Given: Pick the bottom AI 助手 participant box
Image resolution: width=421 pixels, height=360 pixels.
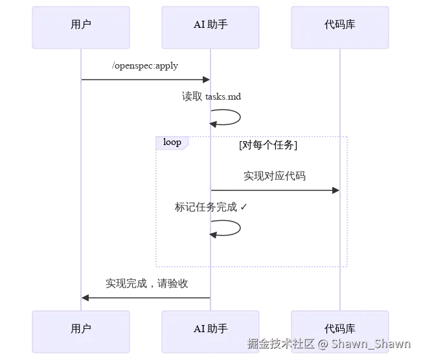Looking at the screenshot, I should point(210,329).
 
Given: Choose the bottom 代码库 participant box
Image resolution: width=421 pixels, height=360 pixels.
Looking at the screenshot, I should point(340,329).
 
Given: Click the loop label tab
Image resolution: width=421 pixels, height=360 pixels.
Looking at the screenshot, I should point(172,142).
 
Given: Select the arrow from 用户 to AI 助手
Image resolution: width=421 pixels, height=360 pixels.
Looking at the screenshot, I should point(145,80).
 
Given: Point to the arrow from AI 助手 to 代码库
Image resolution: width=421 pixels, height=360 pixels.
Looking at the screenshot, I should point(275,189).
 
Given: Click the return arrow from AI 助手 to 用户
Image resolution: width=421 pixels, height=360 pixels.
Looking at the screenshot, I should point(146,298).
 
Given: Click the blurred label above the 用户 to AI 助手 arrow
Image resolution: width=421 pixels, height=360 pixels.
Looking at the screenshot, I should point(145,65).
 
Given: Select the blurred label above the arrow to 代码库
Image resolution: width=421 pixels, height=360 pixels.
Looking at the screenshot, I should point(275,174).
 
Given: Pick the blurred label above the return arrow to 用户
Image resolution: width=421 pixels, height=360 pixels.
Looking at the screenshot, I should point(147,283).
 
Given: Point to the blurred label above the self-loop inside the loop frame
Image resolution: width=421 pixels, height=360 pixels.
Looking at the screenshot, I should point(210,207).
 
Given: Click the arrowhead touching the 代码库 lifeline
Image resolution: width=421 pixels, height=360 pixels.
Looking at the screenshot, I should point(336,189).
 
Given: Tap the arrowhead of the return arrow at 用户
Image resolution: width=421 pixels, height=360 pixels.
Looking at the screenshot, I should point(85,298).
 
